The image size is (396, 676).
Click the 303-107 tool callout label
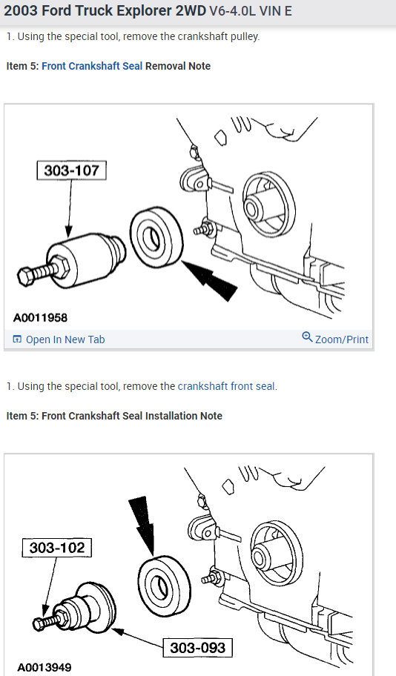coord(71,171)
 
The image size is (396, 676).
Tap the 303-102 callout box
coord(57,548)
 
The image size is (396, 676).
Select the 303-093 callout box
coord(197,647)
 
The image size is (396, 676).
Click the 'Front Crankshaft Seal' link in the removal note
coord(92,66)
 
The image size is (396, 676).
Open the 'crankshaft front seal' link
coord(226,386)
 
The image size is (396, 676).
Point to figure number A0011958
coord(41,318)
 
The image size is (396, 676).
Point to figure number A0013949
coord(44,666)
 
